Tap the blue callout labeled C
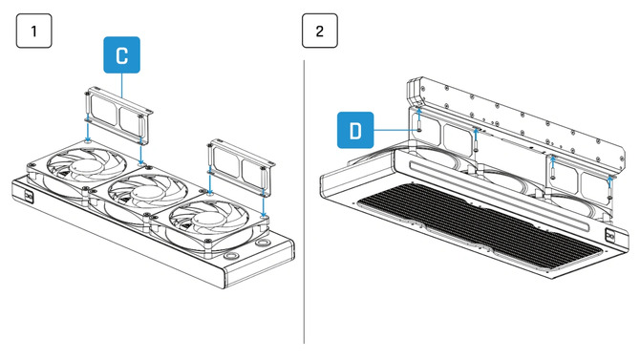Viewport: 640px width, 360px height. pyautogui.click(x=121, y=56)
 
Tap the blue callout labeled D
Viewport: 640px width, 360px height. pyautogui.click(x=355, y=129)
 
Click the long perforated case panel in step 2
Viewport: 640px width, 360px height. pyautogui.click(x=516, y=114)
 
